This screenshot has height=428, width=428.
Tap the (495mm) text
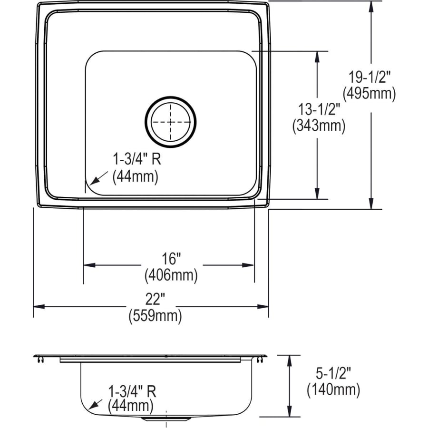371,94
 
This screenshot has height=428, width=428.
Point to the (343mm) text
318,126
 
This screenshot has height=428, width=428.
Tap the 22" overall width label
155,300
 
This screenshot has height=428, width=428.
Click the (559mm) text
155,316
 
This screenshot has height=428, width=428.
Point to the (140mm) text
332,390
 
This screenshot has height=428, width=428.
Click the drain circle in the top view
170,122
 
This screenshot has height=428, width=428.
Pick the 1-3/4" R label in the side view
132,392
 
